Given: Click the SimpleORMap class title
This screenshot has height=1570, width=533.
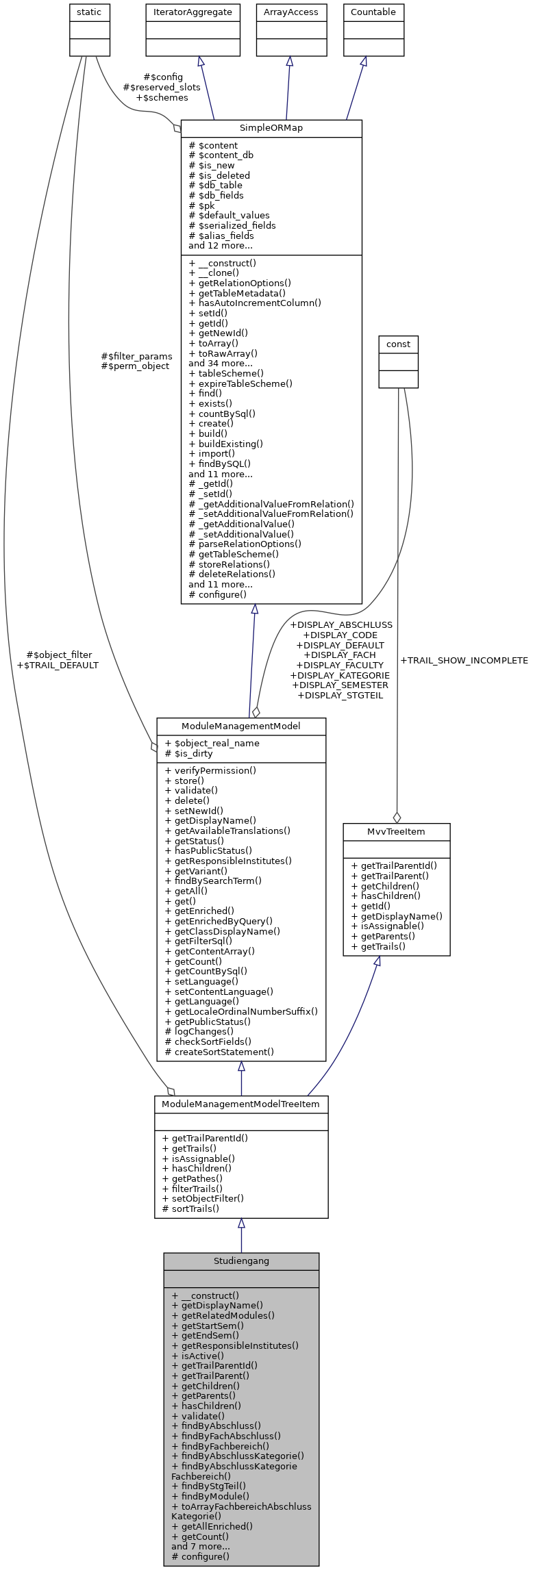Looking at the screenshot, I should [x=271, y=128].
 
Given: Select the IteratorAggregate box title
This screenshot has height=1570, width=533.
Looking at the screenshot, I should [x=193, y=12].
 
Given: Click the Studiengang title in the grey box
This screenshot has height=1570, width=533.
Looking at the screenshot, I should [x=241, y=1261].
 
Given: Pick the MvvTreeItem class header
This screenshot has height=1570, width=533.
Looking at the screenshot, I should [x=396, y=831].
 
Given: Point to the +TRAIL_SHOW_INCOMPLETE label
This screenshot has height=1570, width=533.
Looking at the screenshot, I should [x=464, y=661].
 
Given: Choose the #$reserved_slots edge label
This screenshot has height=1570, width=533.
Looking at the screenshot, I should [x=162, y=88].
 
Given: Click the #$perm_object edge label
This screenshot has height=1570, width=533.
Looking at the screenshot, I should [x=135, y=366].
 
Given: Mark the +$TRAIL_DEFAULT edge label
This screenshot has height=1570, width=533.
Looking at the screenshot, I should [x=58, y=665].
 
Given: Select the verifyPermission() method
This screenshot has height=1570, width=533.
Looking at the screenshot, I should [x=210, y=770].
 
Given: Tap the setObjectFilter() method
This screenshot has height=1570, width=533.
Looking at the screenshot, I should [x=203, y=1198].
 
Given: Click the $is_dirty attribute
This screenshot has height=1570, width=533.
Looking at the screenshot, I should [x=189, y=754].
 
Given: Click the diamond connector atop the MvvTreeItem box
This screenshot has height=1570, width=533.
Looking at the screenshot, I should [x=397, y=817].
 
